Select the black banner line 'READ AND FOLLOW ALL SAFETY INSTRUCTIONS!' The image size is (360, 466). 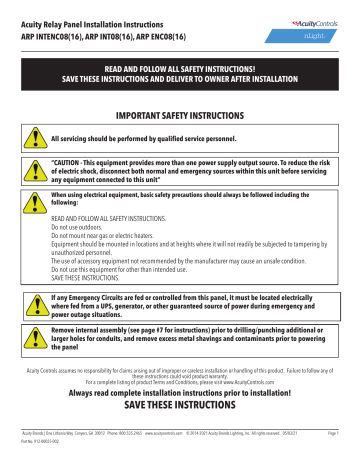tap(180, 68)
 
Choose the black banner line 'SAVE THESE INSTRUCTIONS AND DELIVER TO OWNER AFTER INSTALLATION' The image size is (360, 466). tap(180, 79)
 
